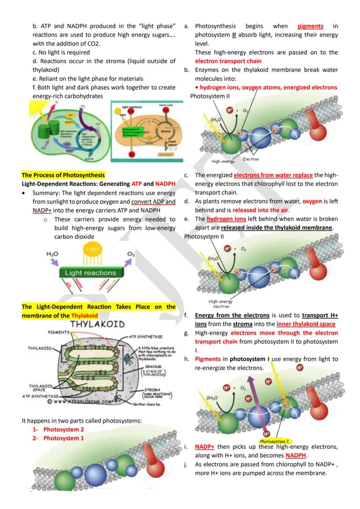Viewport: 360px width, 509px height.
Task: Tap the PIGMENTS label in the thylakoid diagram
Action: click(58, 332)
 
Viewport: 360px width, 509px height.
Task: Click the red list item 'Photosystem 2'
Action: click(63, 429)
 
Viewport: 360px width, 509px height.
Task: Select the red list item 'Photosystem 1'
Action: click(63, 438)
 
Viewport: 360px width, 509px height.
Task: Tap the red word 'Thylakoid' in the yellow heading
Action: click(84, 316)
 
